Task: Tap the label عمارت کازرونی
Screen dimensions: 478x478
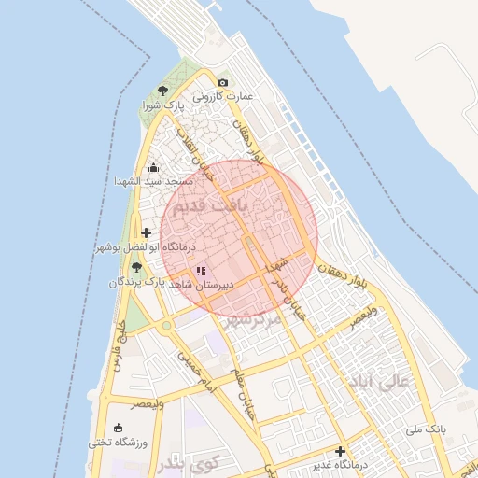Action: pyautogui.click(x=224, y=96)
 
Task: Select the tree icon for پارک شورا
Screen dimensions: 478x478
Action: pyautogui.click(x=163, y=91)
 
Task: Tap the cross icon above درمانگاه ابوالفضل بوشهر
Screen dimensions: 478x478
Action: pyautogui.click(x=146, y=232)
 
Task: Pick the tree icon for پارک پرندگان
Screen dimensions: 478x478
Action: pyautogui.click(x=136, y=267)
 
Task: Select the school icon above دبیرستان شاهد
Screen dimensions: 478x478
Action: pyautogui.click(x=202, y=271)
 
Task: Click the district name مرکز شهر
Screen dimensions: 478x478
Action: pyautogui.click(x=252, y=319)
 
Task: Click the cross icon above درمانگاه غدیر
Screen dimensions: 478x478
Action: pyautogui.click(x=340, y=451)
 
